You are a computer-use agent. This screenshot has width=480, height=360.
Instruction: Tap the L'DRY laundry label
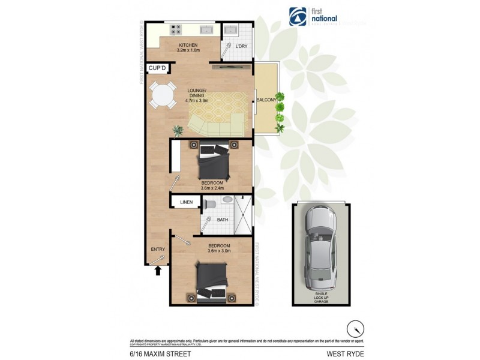[x=241, y=46]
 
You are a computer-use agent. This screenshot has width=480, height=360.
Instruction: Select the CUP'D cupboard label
[x=157, y=68]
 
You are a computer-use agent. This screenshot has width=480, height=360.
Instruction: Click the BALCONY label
[x=266, y=100]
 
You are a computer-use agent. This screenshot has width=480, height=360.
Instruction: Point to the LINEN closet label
[x=187, y=203]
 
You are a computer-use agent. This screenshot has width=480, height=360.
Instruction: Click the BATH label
[x=222, y=220]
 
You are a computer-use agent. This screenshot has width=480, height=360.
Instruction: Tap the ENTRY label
[x=157, y=250]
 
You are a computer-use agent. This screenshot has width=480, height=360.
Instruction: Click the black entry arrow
[x=158, y=271]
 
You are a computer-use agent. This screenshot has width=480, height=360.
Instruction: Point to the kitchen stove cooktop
[x=176, y=28]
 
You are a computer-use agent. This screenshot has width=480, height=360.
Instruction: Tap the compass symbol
[x=355, y=329]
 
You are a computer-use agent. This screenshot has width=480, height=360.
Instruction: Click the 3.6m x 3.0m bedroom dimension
[x=219, y=251]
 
